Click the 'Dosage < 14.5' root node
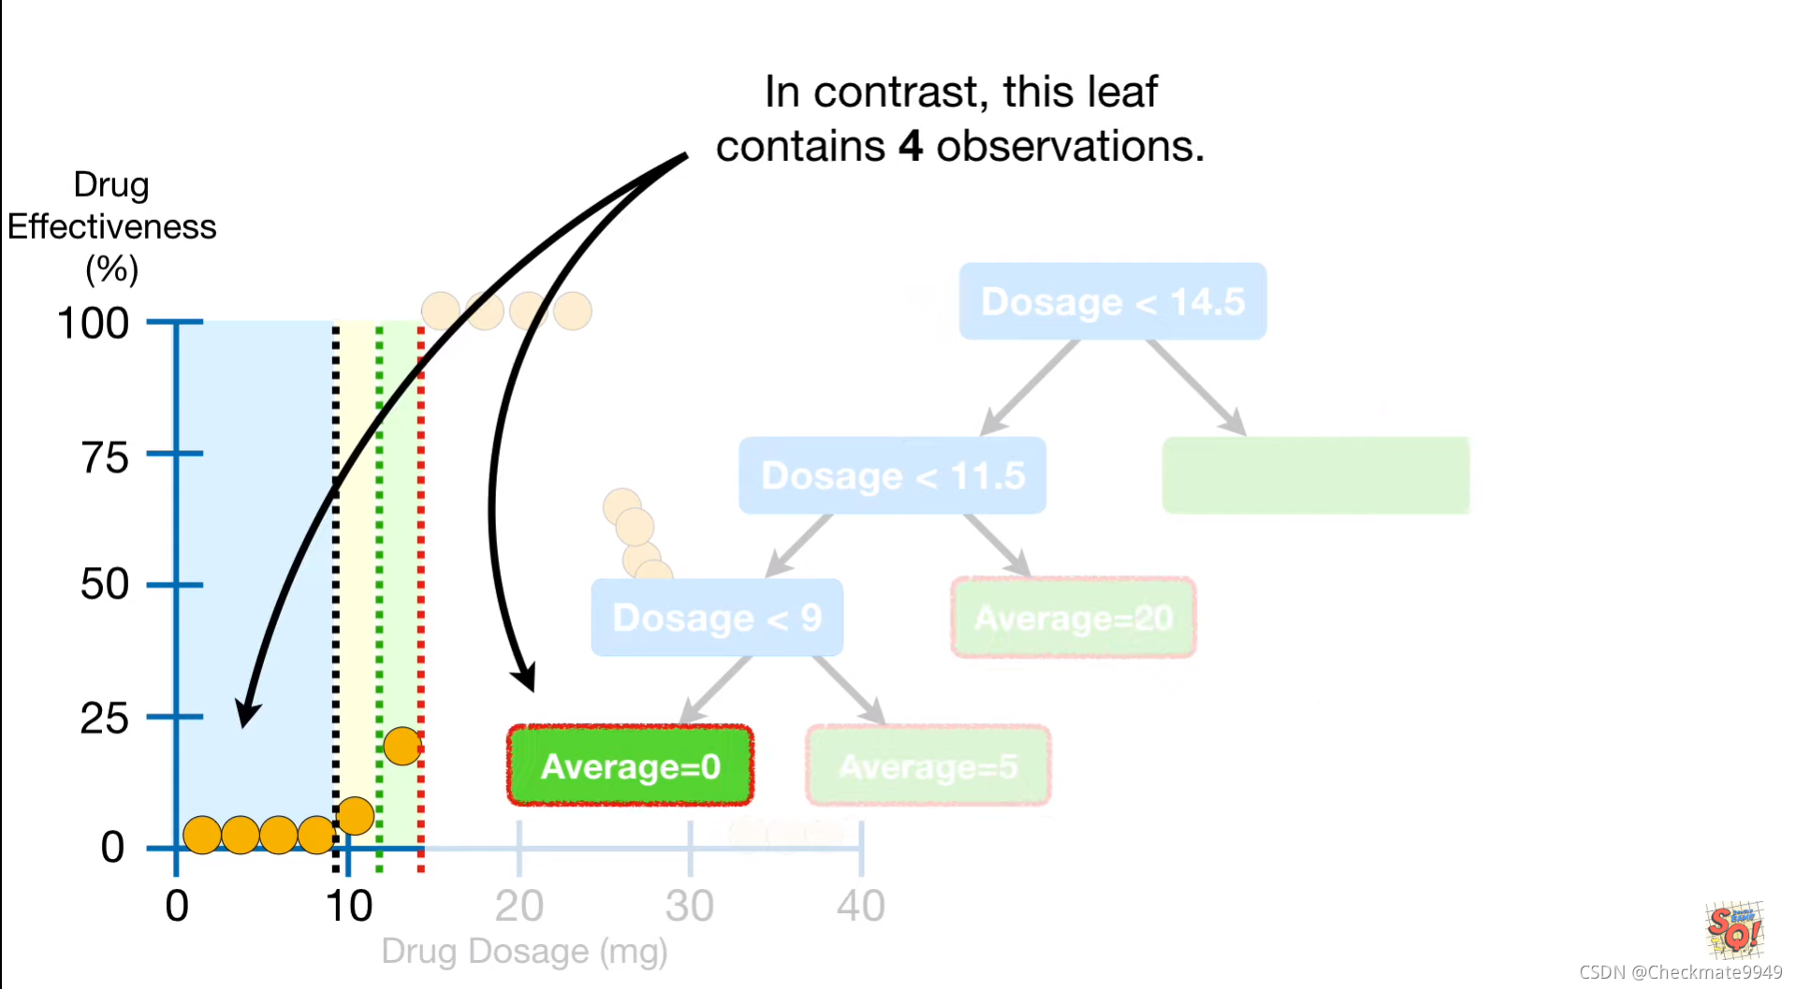[x=1112, y=301]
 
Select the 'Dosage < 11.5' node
[x=892, y=475]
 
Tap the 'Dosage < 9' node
[x=717, y=618]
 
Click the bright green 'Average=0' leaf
[x=630, y=766]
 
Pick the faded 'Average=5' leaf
[x=928, y=766]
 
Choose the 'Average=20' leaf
[x=1074, y=618]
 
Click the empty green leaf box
[x=1315, y=475]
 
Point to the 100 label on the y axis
[x=93, y=324]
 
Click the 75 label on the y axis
[x=104, y=458]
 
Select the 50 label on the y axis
[x=104, y=585]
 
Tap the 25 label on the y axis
[x=104, y=720]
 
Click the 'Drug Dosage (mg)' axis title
[x=524, y=952]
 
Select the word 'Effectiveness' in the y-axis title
[x=111, y=227]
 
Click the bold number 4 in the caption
[x=911, y=147]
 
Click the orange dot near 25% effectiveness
[x=402, y=746]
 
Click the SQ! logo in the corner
[x=1734, y=929]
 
